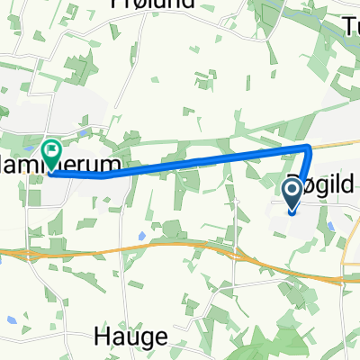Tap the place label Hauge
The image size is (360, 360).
[x=130, y=337]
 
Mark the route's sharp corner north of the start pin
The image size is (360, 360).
[x=308, y=147]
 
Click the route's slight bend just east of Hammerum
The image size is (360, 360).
[x=103, y=175]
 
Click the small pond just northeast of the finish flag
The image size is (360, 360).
[x=80, y=134]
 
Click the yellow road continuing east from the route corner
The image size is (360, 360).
[x=337, y=142]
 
